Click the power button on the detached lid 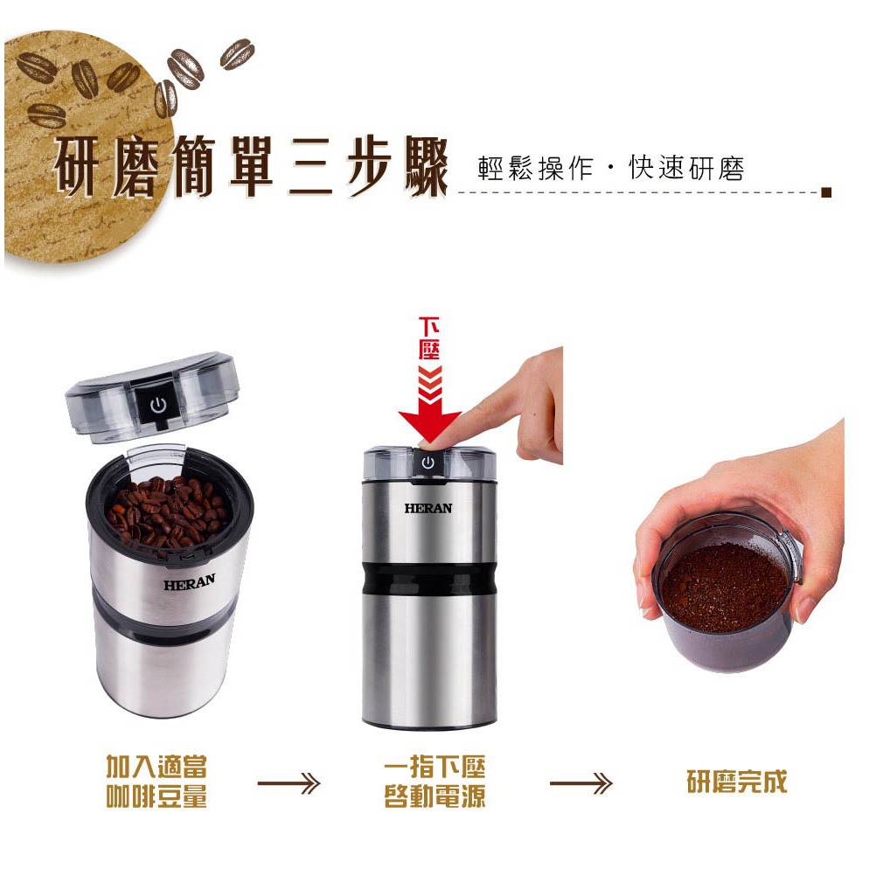157,404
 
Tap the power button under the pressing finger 428,462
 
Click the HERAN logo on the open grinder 190,581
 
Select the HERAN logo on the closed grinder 428,508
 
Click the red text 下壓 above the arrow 429,338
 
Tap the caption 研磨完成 737,782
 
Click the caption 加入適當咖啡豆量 157,782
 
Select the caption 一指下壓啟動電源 435,782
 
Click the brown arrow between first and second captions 289,782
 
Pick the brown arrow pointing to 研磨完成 581,782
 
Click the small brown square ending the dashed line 826,192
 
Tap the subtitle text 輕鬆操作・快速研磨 611,168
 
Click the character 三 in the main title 310,167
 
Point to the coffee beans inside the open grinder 168,511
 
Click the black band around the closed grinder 429,579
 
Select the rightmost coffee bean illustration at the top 237,54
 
